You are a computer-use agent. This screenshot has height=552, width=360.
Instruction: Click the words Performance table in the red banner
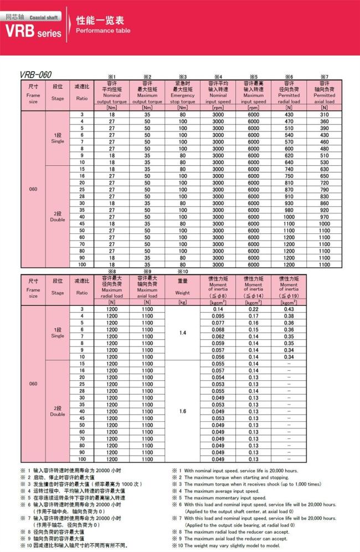click(x=103, y=31)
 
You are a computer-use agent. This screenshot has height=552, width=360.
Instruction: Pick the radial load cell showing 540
click(x=289, y=135)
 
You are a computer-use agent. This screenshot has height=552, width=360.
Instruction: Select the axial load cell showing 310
click(x=324, y=114)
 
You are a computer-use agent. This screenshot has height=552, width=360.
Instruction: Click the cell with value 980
click(x=289, y=210)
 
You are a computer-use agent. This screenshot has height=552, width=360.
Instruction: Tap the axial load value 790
click(x=324, y=190)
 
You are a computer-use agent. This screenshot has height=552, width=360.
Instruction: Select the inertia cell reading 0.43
click(x=289, y=309)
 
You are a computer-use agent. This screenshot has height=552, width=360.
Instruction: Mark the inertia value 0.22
click(x=253, y=309)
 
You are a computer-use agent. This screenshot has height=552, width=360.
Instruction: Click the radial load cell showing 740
click(x=289, y=169)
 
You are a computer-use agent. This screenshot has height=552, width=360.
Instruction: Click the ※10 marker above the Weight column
click(x=182, y=272)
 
